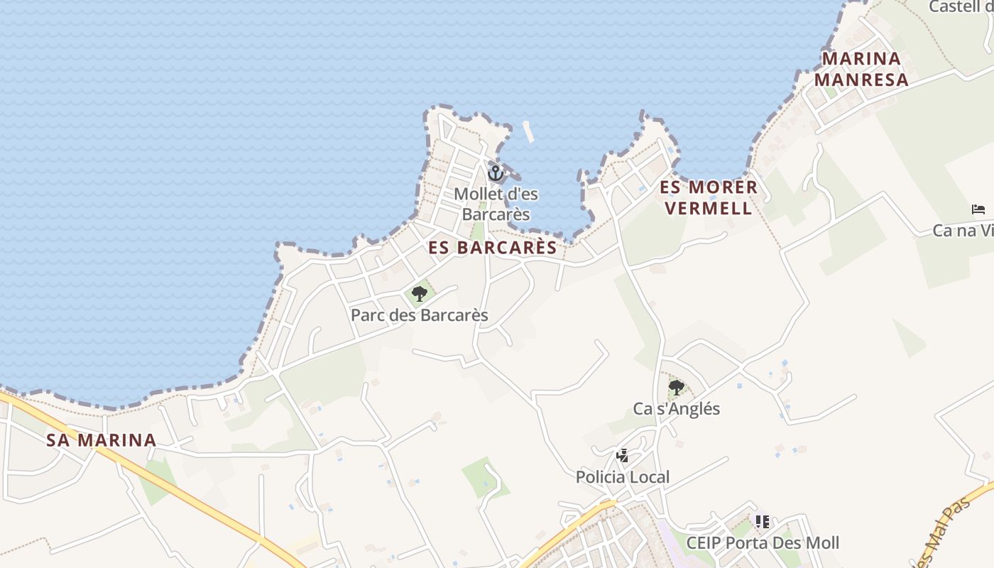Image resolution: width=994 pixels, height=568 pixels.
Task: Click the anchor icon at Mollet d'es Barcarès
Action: coord(495,173)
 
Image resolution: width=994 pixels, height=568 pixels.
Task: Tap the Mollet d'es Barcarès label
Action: coord(496,204)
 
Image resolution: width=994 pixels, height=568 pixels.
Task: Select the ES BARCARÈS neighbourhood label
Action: coord(493,247)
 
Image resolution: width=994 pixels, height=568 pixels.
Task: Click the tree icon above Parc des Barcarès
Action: coord(420,293)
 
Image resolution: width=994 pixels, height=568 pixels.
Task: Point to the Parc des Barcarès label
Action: coord(420,315)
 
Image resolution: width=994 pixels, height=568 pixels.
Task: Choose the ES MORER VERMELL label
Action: coord(709,197)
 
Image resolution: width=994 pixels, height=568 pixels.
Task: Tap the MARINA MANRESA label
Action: coord(861,69)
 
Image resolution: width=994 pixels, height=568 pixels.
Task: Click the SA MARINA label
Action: coord(102,440)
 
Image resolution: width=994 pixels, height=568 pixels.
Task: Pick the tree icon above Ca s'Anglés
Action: coord(676,388)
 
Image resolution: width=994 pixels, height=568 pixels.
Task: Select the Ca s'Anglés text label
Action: coord(677,409)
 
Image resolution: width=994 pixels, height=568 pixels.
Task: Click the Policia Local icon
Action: coord(623,456)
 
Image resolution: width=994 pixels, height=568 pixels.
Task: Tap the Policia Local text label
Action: coord(623,477)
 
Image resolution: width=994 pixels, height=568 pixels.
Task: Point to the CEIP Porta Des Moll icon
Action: coord(763,522)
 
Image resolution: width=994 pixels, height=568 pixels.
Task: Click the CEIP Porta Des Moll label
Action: coord(763,543)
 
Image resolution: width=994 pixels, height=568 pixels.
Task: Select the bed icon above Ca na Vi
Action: coord(978,209)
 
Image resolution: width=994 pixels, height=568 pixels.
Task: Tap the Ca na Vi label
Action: coord(963,231)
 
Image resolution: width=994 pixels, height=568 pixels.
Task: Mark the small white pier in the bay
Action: coord(528,131)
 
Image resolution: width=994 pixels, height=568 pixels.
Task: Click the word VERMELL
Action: coord(709,208)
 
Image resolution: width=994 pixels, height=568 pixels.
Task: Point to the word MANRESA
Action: coord(861,80)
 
